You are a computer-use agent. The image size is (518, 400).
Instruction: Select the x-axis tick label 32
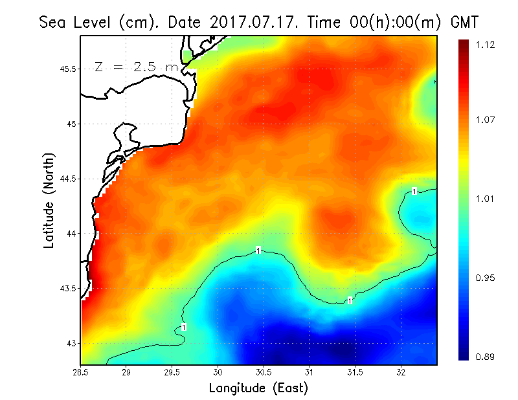pos(401,372)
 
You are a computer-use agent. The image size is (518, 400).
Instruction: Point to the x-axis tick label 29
pos(127,372)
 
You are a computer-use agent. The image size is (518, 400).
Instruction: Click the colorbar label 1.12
pos(486,45)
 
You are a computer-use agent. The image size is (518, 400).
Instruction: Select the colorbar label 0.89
pos(486,356)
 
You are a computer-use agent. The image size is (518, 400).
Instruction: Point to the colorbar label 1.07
pos(486,120)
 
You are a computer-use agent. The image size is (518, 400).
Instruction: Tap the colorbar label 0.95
pos(486,278)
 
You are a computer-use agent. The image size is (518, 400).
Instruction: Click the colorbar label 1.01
pos(486,199)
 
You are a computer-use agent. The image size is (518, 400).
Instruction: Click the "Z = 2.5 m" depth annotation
pos(135,67)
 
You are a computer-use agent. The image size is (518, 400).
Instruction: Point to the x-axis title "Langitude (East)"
pos(258,388)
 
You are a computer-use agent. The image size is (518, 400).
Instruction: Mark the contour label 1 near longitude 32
pos(414,191)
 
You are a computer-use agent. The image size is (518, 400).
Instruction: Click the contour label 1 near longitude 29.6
pos(184,327)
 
